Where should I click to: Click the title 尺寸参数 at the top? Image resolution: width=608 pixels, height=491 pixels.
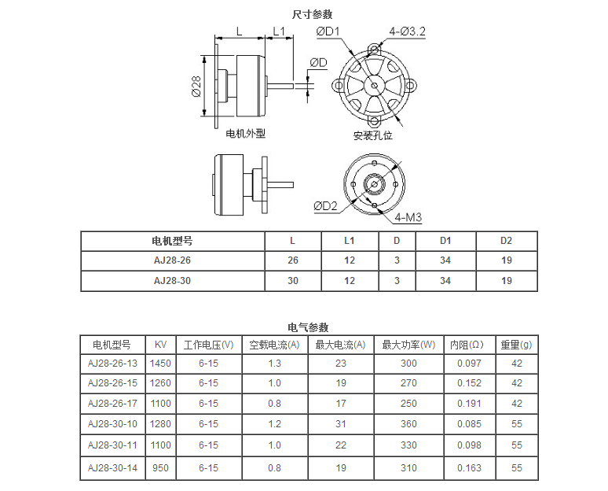(x=312, y=14)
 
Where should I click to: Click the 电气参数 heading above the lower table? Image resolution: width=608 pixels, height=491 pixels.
(x=308, y=327)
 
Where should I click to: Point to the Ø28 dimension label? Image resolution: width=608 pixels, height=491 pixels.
(x=196, y=87)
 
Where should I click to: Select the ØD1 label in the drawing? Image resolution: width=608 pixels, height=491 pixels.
(x=328, y=31)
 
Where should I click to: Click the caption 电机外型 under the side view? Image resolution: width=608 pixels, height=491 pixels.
(x=246, y=134)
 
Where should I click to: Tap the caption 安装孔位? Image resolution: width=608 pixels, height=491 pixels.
(x=372, y=135)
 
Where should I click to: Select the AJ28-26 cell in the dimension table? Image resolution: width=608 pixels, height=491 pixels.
(x=172, y=260)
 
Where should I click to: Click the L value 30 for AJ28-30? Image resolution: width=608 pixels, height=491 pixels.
(x=293, y=280)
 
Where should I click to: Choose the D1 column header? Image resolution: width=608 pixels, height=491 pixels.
(x=445, y=241)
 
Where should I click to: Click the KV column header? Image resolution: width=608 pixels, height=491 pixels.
(x=160, y=345)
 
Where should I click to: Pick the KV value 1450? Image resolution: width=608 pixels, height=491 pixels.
(x=160, y=363)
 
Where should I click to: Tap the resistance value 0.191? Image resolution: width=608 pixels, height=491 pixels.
(x=469, y=403)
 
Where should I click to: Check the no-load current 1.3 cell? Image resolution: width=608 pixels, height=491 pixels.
(x=274, y=363)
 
